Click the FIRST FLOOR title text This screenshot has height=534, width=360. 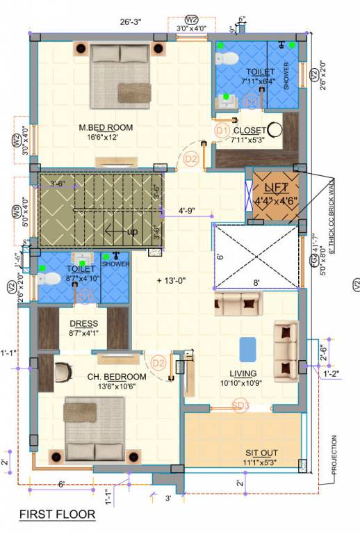[56, 515]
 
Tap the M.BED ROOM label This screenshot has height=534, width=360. [105, 127]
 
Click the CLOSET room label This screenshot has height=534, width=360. [249, 130]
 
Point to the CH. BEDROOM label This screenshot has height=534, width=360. [116, 376]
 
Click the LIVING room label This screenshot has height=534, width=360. [237, 372]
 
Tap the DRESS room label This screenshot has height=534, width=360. [83, 324]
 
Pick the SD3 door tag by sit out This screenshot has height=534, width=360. [240, 407]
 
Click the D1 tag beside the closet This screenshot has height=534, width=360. [222, 130]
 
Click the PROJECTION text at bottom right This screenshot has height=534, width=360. [334, 455]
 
